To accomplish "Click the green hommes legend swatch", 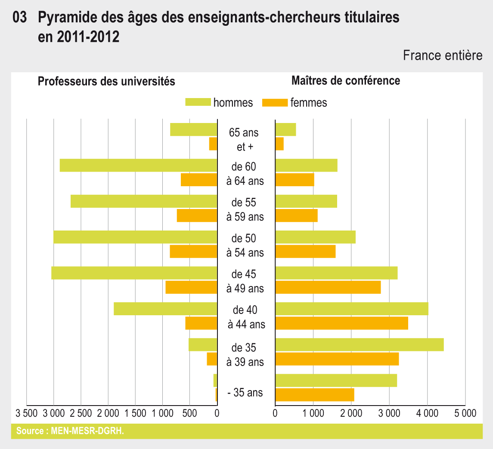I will (x=198, y=102).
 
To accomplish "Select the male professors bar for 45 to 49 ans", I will (x=134, y=273).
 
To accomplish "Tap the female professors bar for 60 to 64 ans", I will (x=198, y=180).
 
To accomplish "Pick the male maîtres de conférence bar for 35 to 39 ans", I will (x=359, y=345).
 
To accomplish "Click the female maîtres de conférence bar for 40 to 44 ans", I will (x=341, y=323).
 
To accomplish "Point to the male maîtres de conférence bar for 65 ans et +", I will (x=285, y=129).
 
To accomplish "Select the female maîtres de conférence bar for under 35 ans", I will (x=314, y=395).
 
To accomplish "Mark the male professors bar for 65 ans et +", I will (x=193, y=129).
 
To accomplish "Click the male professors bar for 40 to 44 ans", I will (x=165, y=309).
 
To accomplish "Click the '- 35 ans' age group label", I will (x=245, y=393).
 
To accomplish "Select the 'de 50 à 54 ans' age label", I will (x=245, y=245).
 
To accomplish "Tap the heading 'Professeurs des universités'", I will (x=106, y=81).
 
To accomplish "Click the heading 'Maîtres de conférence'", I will (x=346, y=80).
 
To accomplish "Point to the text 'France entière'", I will (x=443, y=55).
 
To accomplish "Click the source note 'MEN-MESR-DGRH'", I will (x=70, y=431).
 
